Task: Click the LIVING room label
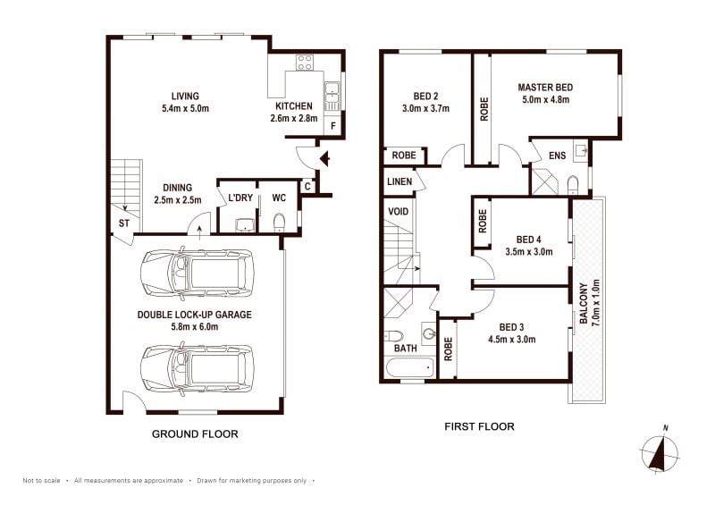(x=185, y=97)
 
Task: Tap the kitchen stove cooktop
(x=304, y=63)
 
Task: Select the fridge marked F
(x=332, y=125)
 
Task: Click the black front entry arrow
(x=325, y=159)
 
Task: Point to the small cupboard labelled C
(x=307, y=186)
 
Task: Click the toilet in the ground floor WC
(x=279, y=223)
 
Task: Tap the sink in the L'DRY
(x=247, y=224)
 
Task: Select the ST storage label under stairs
(x=124, y=223)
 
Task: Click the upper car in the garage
(x=197, y=274)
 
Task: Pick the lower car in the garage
(x=197, y=368)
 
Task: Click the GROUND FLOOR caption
(x=195, y=433)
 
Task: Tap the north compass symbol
(x=660, y=450)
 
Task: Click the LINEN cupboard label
(x=400, y=181)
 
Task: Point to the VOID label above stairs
(x=398, y=212)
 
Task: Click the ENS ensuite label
(x=557, y=156)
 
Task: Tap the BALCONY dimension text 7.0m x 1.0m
(x=595, y=303)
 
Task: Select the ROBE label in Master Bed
(x=484, y=109)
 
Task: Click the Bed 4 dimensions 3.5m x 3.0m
(x=529, y=252)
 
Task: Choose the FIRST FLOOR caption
(x=479, y=426)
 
